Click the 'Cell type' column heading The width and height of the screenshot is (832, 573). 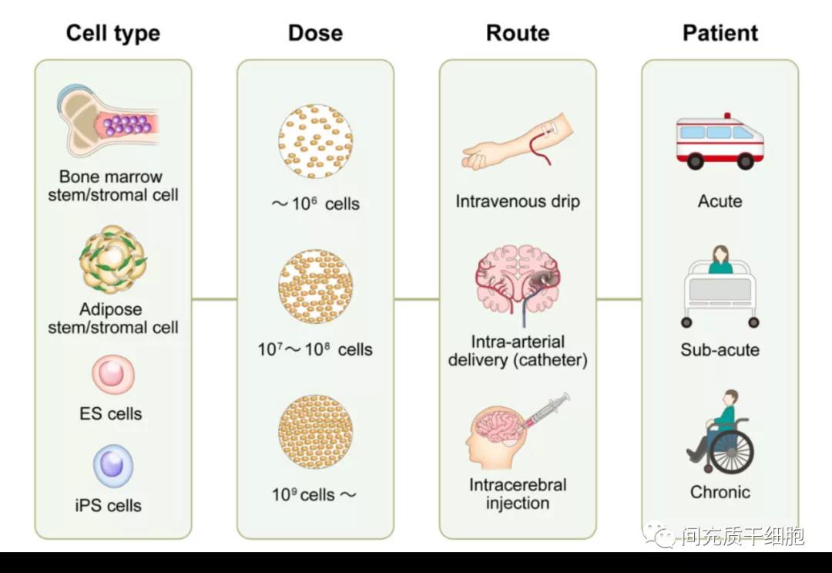point(112,33)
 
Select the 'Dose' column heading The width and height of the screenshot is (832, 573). point(315,33)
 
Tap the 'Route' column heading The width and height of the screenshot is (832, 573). point(518,33)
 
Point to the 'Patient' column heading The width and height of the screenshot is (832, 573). point(720,33)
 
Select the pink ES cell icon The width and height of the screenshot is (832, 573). point(113,375)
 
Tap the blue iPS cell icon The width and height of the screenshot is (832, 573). point(113,466)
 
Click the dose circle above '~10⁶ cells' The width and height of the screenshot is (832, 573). point(315,142)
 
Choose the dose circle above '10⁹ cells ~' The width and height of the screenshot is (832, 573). point(315,432)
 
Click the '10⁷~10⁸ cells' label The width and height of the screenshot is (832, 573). point(315,349)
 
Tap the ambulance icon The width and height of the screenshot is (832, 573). point(720,143)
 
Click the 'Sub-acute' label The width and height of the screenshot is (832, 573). point(720,349)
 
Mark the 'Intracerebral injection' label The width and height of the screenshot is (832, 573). point(518,494)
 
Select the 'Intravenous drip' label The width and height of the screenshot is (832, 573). point(518,202)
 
